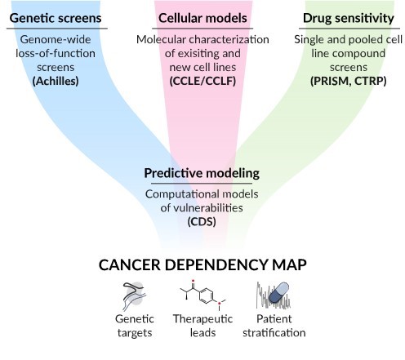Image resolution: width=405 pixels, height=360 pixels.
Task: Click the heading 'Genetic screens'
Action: point(56,18)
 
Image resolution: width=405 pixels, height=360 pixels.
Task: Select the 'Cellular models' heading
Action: point(202,18)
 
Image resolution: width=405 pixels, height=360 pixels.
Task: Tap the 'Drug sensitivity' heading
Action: point(349,18)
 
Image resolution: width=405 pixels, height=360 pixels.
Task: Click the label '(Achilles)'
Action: point(56,81)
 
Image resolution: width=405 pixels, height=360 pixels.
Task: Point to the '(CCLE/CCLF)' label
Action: point(202,81)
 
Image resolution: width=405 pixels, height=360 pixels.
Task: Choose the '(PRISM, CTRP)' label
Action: point(349,81)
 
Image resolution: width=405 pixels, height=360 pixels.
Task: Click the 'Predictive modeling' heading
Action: point(202,173)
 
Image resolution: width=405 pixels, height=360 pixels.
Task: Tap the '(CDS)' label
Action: point(202,222)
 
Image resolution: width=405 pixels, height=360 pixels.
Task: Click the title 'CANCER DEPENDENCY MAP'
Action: point(202,264)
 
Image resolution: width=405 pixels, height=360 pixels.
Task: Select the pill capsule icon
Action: point(278,293)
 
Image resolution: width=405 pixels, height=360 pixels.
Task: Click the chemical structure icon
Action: point(203,295)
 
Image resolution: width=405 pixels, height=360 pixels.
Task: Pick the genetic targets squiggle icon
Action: point(135,296)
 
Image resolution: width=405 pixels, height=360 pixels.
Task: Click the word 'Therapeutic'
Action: point(202,318)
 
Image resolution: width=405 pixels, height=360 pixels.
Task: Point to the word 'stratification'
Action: point(274,333)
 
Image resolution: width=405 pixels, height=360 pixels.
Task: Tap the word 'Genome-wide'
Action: point(56,40)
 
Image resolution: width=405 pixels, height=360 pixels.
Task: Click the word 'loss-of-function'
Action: point(56,53)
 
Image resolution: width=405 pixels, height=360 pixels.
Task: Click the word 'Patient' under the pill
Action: point(274,319)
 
